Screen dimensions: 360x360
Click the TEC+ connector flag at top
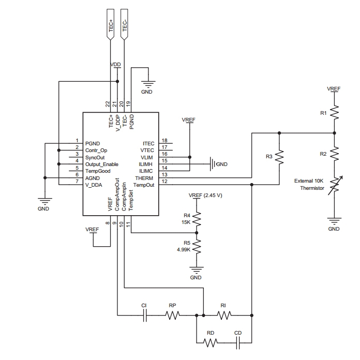click(111, 24)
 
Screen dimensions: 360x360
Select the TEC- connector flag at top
click(124, 24)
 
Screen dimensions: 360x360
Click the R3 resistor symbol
click(279, 157)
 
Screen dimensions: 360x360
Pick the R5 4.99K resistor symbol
click(196, 248)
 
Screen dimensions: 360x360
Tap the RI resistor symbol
click(224, 314)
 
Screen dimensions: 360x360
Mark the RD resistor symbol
click(210, 342)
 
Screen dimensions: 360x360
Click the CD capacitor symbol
click(238, 342)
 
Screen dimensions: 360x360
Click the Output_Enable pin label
click(102, 164)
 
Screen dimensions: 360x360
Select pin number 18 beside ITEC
click(164, 141)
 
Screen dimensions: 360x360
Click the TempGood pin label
click(98, 171)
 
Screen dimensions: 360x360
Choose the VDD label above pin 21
click(116, 65)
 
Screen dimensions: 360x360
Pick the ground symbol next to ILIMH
click(212, 164)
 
